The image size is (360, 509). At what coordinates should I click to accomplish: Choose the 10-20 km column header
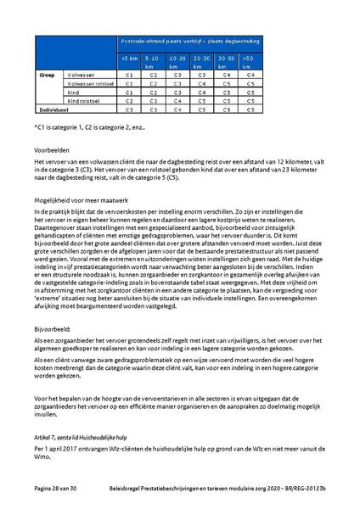(x=178, y=61)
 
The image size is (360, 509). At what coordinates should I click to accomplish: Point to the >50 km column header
(x=249, y=61)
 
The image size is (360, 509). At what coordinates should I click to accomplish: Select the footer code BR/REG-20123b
(x=302, y=489)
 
